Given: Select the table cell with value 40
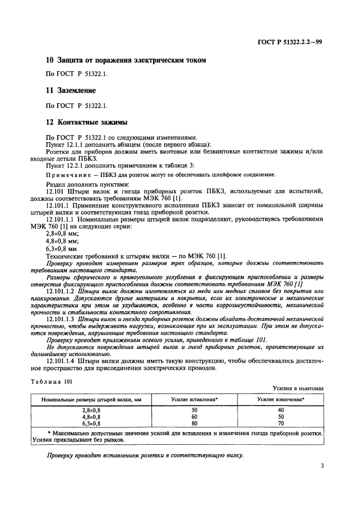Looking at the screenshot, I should [x=280, y=408].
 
